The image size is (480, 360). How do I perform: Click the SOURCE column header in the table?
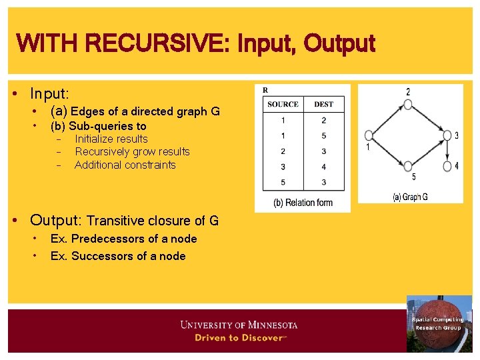pyautogui.click(x=283, y=105)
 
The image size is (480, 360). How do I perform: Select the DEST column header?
pyautogui.click(x=323, y=105)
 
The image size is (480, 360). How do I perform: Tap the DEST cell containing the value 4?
pyautogui.click(x=323, y=167)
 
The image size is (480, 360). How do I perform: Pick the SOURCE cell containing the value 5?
pyautogui.click(x=283, y=182)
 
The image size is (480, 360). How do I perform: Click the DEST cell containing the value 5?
pyautogui.click(x=323, y=136)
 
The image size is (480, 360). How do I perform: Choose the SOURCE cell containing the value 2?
pyautogui.click(x=283, y=151)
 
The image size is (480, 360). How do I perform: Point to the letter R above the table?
pyautogui.click(x=266, y=90)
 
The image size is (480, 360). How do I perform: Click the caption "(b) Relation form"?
pyautogui.click(x=303, y=203)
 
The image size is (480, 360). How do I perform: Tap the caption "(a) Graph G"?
pyautogui.click(x=410, y=197)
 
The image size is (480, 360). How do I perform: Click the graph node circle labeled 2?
pyautogui.click(x=408, y=104)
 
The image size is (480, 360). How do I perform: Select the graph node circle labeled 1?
pyautogui.click(x=368, y=135)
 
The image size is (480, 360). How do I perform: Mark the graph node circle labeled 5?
pyautogui.click(x=408, y=167)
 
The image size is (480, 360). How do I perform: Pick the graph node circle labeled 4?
pyautogui.click(x=447, y=166)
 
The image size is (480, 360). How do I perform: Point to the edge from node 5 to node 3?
pyautogui.click(x=427, y=151)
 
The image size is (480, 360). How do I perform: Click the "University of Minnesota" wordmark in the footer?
pyautogui.click(x=239, y=325)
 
